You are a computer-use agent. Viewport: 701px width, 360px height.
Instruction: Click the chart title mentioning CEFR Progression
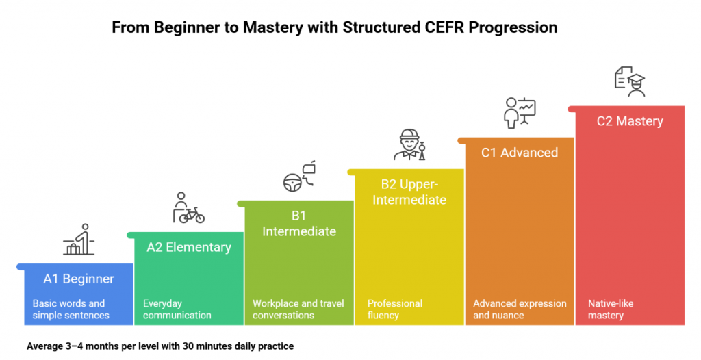(x=334, y=28)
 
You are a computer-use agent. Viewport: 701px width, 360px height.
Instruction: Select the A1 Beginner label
(x=79, y=279)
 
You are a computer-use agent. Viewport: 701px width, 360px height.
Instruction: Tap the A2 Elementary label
(x=189, y=247)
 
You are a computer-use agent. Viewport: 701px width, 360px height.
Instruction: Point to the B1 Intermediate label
(x=299, y=224)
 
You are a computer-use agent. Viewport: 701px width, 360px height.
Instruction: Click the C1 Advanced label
(x=519, y=153)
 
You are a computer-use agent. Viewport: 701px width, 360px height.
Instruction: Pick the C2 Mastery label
(x=630, y=121)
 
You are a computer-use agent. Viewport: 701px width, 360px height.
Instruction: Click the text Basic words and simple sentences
(x=71, y=309)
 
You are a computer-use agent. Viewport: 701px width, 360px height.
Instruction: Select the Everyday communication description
(x=177, y=309)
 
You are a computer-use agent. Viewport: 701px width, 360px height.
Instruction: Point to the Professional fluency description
(x=395, y=309)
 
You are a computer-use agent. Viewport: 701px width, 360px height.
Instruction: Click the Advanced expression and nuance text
(x=520, y=309)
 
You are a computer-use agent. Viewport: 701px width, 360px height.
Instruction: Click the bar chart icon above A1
(x=79, y=240)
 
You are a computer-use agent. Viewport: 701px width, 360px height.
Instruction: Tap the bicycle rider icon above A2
(x=188, y=209)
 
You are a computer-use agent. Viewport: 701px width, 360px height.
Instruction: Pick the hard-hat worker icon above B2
(x=410, y=144)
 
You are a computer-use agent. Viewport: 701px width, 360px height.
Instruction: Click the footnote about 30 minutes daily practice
(x=160, y=346)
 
